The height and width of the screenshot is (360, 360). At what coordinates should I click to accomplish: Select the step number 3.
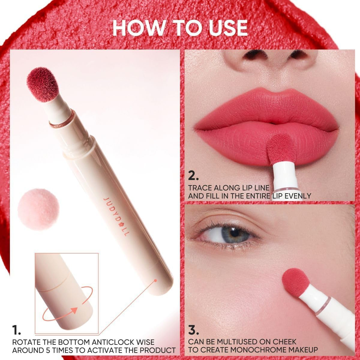click(x=194, y=330)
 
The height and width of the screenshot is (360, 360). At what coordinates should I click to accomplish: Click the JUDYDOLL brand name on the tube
click(x=115, y=216)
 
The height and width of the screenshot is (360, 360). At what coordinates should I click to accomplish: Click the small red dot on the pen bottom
click(x=156, y=280)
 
